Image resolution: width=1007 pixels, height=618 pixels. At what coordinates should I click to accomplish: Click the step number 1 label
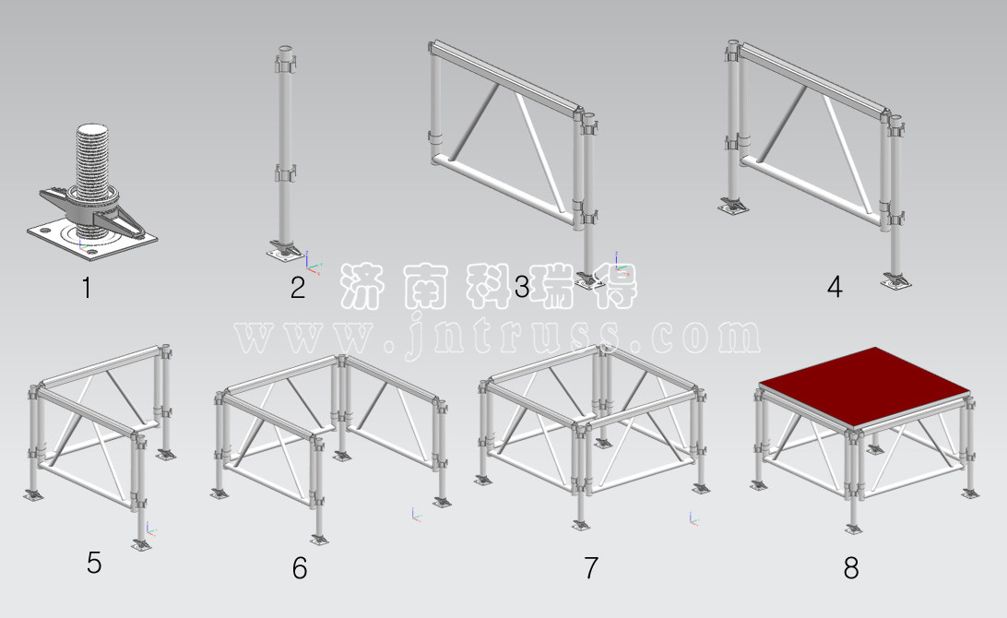[x=87, y=287]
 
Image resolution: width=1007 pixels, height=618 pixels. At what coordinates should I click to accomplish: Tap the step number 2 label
[x=297, y=287]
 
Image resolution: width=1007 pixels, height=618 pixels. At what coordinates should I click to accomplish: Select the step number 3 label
[x=522, y=287]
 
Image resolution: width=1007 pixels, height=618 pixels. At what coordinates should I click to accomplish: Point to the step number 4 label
[x=835, y=287]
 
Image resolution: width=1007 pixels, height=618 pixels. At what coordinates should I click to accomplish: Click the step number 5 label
[x=94, y=563]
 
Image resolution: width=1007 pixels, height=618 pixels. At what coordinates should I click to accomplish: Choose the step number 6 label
[x=300, y=568]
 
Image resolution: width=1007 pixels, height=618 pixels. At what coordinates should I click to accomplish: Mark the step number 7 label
[x=591, y=568]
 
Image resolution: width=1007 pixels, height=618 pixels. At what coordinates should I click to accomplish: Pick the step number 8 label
[x=851, y=568]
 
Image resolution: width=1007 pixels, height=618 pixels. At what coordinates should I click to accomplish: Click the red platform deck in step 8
[x=864, y=386]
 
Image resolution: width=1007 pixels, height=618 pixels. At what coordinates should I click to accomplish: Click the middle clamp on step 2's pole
[x=285, y=172]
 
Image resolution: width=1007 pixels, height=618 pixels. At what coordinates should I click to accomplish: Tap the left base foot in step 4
[x=733, y=206]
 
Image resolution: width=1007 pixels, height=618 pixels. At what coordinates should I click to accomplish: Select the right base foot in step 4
[x=895, y=279]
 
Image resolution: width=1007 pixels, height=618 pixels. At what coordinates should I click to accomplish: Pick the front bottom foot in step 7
[x=581, y=526]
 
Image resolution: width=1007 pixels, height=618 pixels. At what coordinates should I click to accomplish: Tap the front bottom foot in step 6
[x=318, y=539]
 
